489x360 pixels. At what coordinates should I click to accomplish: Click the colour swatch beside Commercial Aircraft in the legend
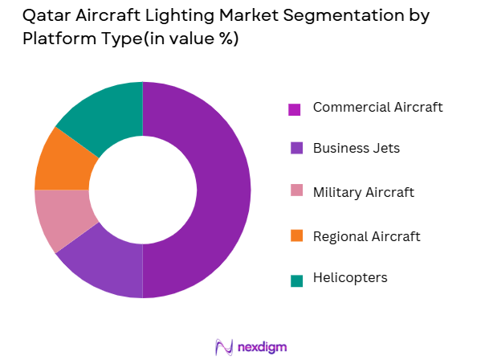click(295, 108)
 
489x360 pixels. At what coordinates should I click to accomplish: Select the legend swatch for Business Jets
click(295, 148)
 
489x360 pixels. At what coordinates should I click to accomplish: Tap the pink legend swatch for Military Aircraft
click(295, 193)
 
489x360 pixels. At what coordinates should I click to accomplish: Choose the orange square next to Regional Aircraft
click(295, 236)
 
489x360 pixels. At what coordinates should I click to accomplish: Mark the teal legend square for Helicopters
click(295, 279)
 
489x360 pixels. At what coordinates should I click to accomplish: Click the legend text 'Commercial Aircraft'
click(377, 107)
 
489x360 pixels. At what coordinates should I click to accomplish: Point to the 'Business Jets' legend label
click(356, 148)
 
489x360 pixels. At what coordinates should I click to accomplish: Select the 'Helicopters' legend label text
click(350, 277)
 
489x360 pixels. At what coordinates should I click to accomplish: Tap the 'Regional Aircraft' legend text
click(366, 235)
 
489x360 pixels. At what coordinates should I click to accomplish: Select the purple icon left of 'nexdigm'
click(224, 346)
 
